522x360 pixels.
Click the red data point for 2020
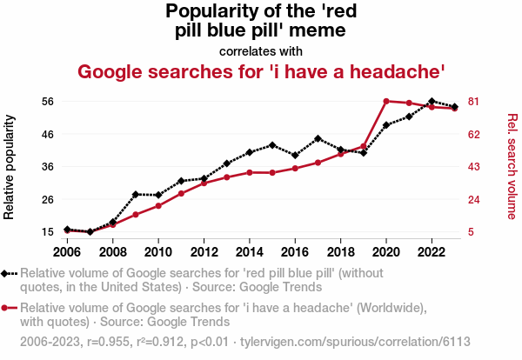386,101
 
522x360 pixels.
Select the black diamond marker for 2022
432,102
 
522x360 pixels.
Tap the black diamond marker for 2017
318,138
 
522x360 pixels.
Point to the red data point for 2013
227,177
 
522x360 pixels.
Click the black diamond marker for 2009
136,194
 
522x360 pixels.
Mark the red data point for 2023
455,109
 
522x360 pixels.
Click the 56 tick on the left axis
49,102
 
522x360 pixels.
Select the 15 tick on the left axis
49,232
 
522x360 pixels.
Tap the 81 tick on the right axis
474,102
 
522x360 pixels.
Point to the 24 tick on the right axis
474,200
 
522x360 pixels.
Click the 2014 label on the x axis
250,252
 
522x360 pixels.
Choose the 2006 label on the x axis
67,252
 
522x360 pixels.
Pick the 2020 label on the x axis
386,252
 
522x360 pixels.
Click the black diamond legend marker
9,273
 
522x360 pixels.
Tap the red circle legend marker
9,308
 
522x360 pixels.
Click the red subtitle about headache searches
262,70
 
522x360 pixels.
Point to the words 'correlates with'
261,50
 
